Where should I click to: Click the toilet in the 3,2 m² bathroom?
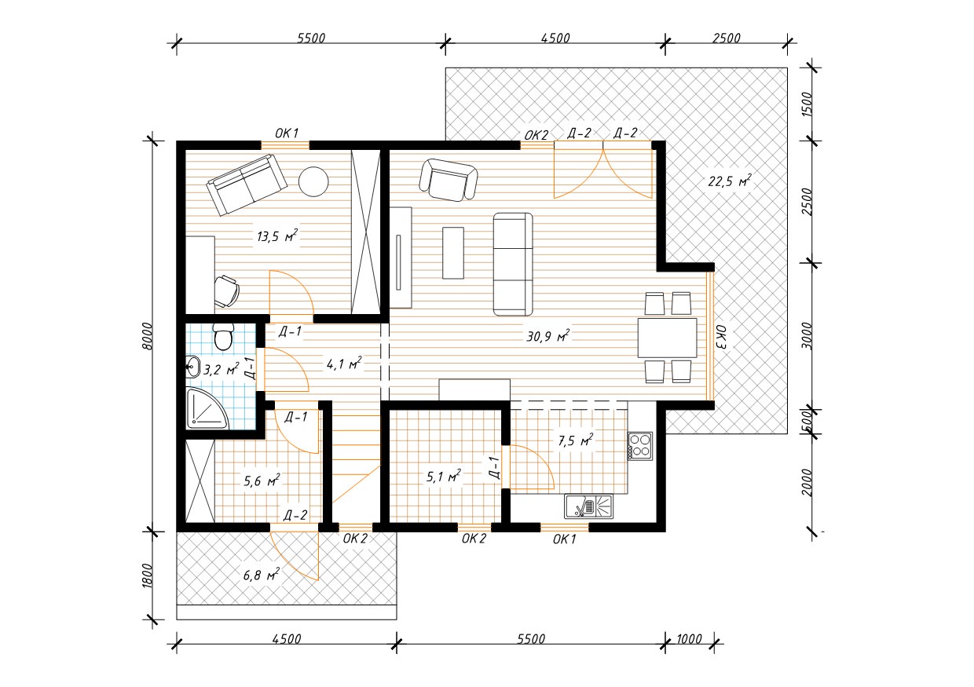pyautogui.click(x=224, y=336)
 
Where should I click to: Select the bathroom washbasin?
pyautogui.click(x=192, y=367)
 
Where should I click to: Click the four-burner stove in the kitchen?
pyautogui.click(x=640, y=446)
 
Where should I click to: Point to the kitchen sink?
pyautogui.click(x=589, y=506)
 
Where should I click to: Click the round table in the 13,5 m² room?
pyautogui.click(x=313, y=181)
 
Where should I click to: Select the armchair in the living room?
pyautogui.click(x=448, y=180)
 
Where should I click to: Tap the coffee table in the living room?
pyautogui.click(x=453, y=253)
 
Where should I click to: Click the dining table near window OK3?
pyautogui.click(x=667, y=338)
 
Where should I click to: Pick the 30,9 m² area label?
pyautogui.click(x=548, y=336)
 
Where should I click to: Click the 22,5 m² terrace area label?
pyautogui.click(x=730, y=181)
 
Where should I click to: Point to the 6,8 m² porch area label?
pyautogui.click(x=261, y=575)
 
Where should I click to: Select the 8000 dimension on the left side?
pyautogui.click(x=147, y=336)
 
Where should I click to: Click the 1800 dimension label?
pyautogui.click(x=147, y=576)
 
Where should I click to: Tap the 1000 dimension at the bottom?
pyautogui.click(x=689, y=639)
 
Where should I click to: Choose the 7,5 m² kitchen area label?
pyautogui.click(x=575, y=440)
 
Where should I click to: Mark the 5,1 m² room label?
pyautogui.click(x=443, y=477)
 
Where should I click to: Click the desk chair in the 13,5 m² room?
pyautogui.click(x=226, y=291)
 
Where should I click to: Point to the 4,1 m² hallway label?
pyautogui.click(x=344, y=364)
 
